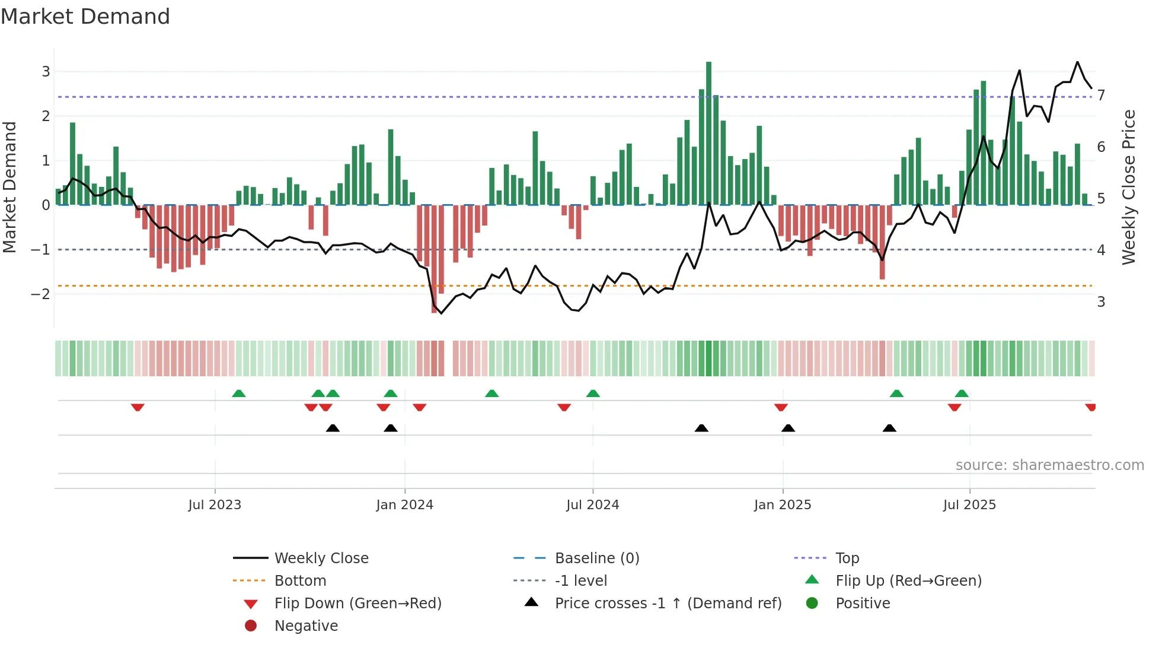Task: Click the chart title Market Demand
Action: tap(85, 17)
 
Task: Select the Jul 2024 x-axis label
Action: tap(592, 505)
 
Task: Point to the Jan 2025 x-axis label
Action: tap(782, 505)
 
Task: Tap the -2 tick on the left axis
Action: tap(40, 294)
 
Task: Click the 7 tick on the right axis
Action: tap(1101, 96)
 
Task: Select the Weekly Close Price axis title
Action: tap(1129, 187)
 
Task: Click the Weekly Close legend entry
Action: tap(321, 558)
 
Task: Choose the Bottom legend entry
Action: tap(300, 581)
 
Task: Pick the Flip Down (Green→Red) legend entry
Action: tap(357, 604)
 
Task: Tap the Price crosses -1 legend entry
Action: tap(668, 604)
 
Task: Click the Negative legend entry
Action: tap(306, 626)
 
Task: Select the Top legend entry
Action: tap(847, 558)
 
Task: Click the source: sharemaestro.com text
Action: tap(1049, 465)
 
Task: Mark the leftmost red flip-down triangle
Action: tap(138, 407)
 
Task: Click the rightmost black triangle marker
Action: tap(889, 428)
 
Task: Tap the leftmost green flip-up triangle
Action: tap(238, 393)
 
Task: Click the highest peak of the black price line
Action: tap(1077, 62)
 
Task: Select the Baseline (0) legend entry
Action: tap(596, 558)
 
